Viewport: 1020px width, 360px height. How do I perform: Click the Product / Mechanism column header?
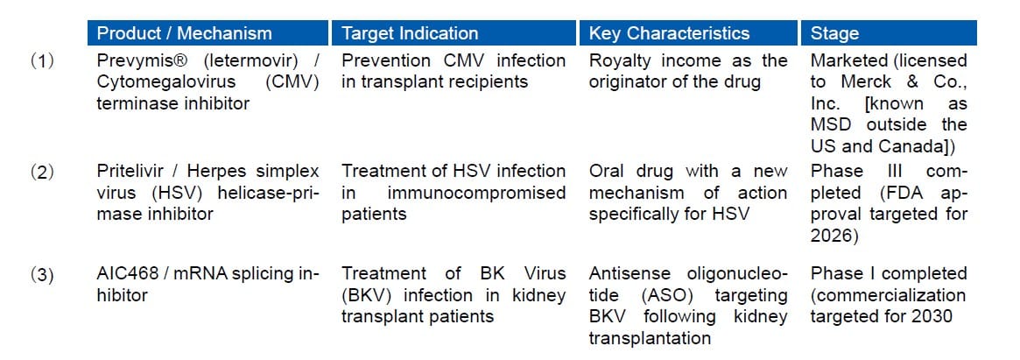tap(184, 33)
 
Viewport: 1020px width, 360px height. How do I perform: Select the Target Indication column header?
tap(410, 33)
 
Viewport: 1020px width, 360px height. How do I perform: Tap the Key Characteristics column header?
tap(670, 33)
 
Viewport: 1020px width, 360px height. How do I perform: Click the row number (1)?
tap(42, 61)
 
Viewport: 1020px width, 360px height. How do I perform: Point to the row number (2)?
tap(42, 172)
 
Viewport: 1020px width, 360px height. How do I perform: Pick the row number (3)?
tap(42, 275)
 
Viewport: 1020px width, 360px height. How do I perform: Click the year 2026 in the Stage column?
tap(831, 236)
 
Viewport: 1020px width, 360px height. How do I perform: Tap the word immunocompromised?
tap(477, 194)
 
